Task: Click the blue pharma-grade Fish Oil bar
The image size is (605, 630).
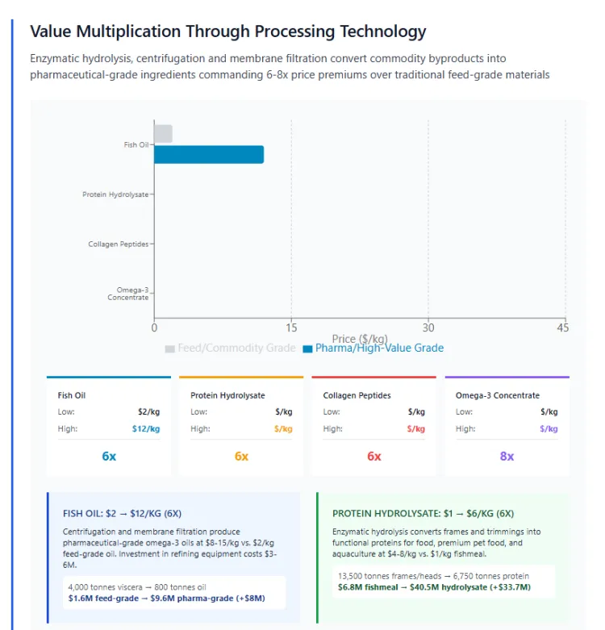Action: pos(208,154)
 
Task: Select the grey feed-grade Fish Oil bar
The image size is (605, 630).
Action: pos(163,134)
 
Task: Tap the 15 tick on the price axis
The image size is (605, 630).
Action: pos(292,328)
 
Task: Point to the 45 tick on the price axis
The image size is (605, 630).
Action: pos(563,328)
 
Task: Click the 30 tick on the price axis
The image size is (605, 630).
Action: pos(428,328)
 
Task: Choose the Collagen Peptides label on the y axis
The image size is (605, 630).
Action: pos(119,244)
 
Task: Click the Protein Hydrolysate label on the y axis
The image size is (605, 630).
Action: pos(115,194)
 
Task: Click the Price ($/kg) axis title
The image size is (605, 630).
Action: pos(360,339)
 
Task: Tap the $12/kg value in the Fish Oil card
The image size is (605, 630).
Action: pos(146,428)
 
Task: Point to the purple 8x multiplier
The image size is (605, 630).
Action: pos(507,456)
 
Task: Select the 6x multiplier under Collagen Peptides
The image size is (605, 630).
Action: pos(374,456)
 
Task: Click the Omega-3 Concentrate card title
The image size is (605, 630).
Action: pos(498,395)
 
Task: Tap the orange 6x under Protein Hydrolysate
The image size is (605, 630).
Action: pos(241,456)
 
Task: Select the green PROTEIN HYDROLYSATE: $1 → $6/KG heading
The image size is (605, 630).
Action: pos(423,513)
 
